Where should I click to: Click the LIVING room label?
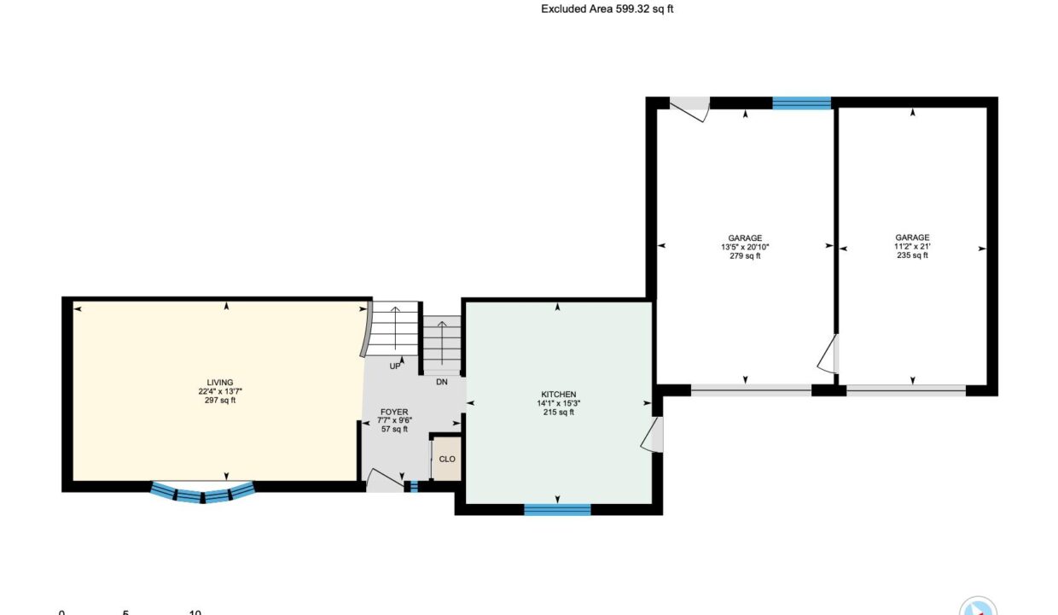220,383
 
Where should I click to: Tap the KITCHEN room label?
558,395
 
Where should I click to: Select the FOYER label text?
394,413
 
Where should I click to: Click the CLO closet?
447,459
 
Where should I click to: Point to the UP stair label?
395,366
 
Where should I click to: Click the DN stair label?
442,382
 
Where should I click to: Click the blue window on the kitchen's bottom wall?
557,510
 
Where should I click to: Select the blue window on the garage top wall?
801,102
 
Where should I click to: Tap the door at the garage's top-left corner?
689,108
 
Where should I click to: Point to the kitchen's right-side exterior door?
652,435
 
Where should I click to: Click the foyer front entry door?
385,480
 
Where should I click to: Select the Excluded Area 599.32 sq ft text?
607,9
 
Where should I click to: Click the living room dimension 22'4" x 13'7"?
220,391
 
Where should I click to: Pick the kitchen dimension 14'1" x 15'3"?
558,403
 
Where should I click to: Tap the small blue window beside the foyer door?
414,486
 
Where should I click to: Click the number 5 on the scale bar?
125,612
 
